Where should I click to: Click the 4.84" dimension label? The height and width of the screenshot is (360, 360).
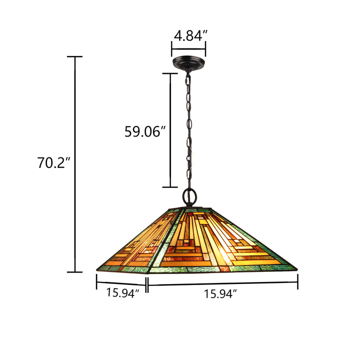click(x=190, y=36)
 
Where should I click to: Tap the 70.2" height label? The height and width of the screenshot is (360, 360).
click(x=53, y=163)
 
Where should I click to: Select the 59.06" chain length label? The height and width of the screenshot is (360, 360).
click(x=145, y=132)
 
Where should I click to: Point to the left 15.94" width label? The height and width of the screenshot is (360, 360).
click(x=122, y=293)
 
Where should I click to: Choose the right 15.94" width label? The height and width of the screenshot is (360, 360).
click(x=220, y=294)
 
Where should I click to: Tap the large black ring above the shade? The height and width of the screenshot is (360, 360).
click(x=189, y=196)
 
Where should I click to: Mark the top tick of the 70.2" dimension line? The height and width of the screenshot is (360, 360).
click(x=75, y=56)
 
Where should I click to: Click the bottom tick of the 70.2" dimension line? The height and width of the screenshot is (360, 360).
click(x=75, y=272)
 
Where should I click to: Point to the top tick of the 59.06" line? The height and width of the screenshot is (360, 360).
click(x=170, y=73)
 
